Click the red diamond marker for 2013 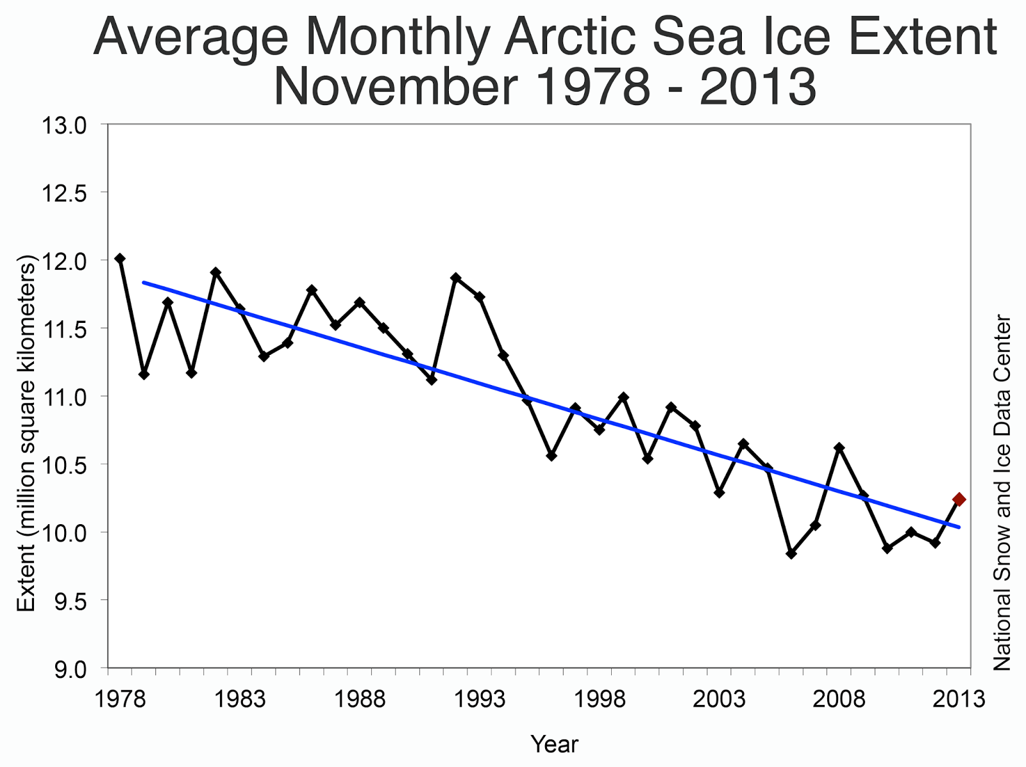coord(959,499)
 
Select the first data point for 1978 coord(120,258)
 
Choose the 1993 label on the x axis coord(480,699)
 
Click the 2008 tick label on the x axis coord(839,699)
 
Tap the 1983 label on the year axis coord(240,699)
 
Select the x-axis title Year coord(555,745)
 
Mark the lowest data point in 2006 coord(791,554)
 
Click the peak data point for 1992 coord(456,277)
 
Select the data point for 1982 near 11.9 coord(215,272)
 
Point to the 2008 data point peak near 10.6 coord(839,447)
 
